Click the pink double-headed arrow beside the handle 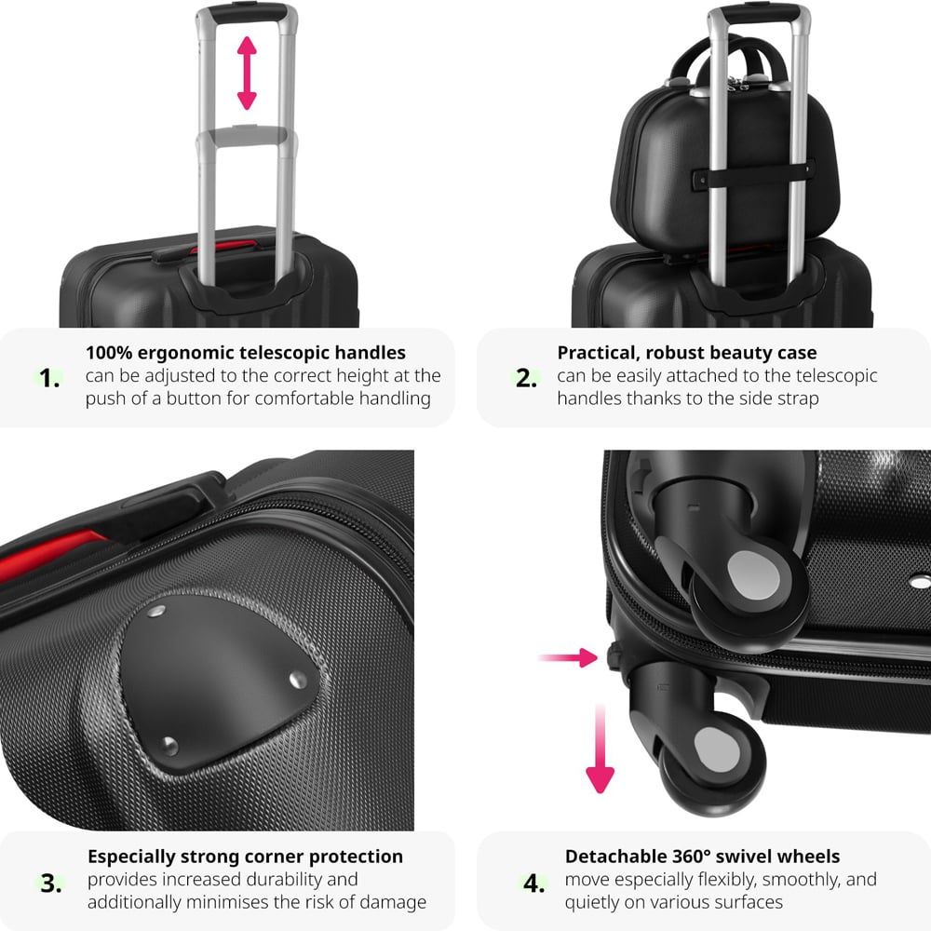[247, 73]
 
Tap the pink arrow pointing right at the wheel [568, 657]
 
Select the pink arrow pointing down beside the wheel [600, 749]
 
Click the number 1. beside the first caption [49, 378]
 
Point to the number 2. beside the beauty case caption [526, 378]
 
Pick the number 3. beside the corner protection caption [51, 884]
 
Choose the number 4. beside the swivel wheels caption [533, 884]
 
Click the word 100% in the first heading [109, 353]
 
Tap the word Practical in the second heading [599, 353]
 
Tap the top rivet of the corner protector [156, 612]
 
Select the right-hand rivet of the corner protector [298, 680]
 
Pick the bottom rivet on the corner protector [169, 746]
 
